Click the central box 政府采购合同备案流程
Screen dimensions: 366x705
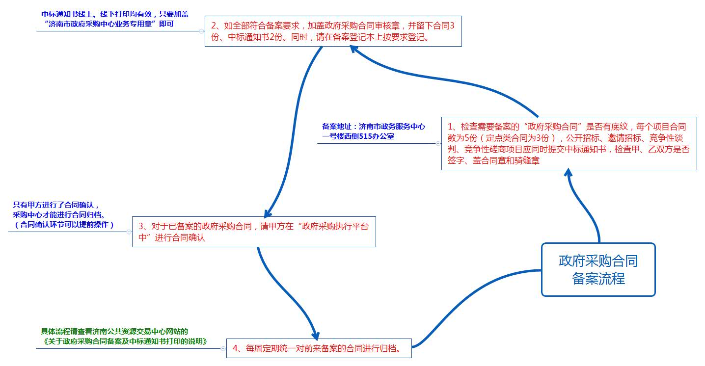pyautogui.click(x=598, y=269)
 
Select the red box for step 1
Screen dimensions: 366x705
pyautogui.click(x=569, y=143)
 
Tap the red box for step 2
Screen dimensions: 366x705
pyautogui.click(x=333, y=31)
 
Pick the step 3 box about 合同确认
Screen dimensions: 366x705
pyautogui.click(x=253, y=232)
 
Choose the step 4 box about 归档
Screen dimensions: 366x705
pyautogui.click(x=318, y=348)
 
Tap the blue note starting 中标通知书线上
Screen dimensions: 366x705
pyautogui.click(x=115, y=19)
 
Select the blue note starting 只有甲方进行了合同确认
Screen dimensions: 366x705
pyautogui.click(x=63, y=215)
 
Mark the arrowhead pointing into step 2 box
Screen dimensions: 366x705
pyautogui.click(x=354, y=49)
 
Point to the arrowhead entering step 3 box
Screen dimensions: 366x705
pyautogui.click(x=267, y=213)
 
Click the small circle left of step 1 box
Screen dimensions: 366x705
pyautogui.click(x=438, y=144)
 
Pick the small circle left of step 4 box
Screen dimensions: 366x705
pyautogui.click(x=223, y=348)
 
